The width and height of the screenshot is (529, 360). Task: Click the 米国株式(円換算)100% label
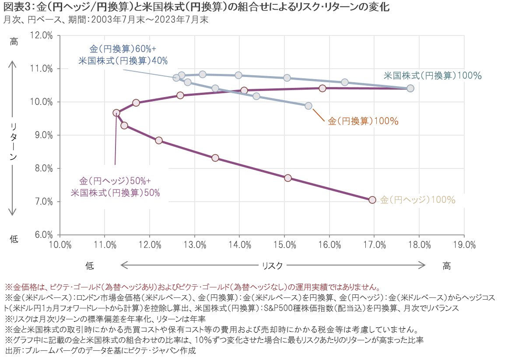432,76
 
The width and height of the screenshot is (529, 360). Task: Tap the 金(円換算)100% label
363,122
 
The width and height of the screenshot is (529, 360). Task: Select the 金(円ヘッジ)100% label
418,200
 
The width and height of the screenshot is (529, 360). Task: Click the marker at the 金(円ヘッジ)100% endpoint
372,200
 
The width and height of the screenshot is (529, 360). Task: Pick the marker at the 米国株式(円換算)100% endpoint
410,88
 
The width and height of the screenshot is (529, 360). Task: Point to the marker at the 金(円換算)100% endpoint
308,106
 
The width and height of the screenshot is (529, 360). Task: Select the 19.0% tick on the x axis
464,245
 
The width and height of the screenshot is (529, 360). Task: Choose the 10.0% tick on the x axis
60,245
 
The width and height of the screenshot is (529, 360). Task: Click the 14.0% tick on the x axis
240,245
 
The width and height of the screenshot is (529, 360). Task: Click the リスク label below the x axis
272,265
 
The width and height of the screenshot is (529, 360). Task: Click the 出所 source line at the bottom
100,351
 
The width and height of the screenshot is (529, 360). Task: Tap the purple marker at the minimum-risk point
116,113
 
